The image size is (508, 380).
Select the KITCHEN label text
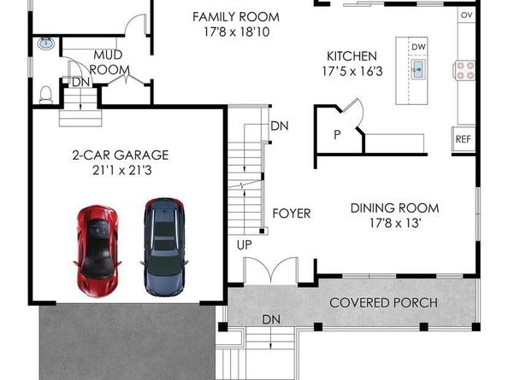pyautogui.click(x=351, y=56)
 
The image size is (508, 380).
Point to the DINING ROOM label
pyautogui.click(x=395, y=208)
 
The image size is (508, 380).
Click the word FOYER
pyautogui.click(x=292, y=213)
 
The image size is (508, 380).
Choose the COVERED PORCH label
pyautogui.click(x=383, y=302)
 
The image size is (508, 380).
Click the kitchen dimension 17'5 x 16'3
pyautogui.click(x=351, y=72)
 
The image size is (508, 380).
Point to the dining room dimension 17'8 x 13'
pyautogui.click(x=395, y=223)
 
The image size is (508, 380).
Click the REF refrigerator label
pyautogui.click(x=463, y=138)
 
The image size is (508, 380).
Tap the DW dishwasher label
pyautogui.click(x=418, y=47)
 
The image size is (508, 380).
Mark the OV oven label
pyautogui.click(x=466, y=15)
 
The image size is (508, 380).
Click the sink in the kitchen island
pyautogui.click(x=419, y=69)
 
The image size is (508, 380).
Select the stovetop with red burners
pyautogui.click(x=466, y=69)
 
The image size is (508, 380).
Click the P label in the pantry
pyautogui.click(x=337, y=134)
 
